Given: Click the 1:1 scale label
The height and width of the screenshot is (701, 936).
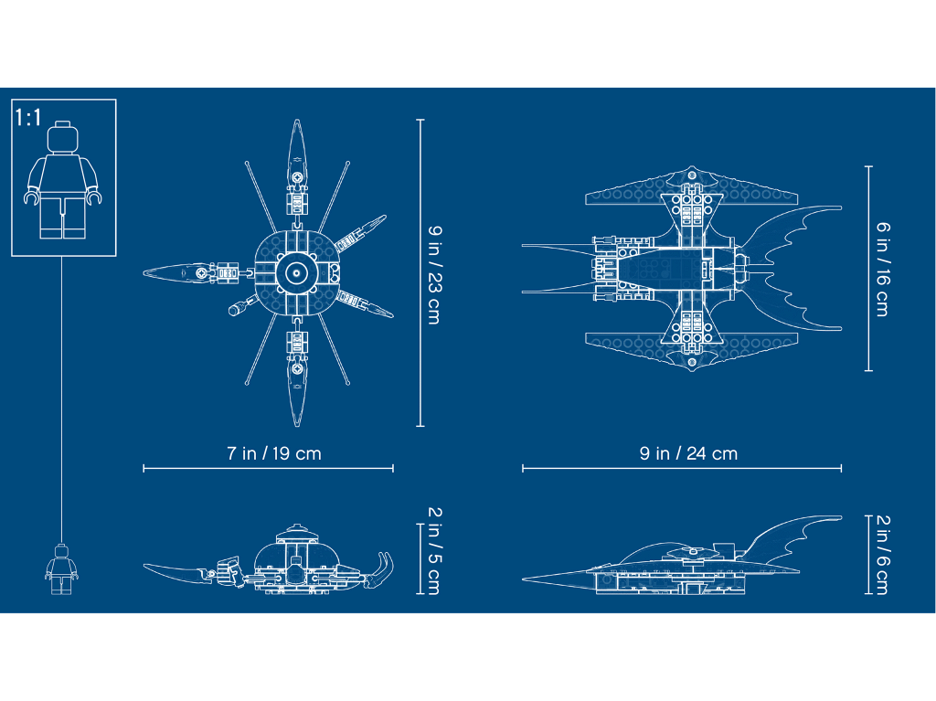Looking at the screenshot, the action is (x=28, y=118).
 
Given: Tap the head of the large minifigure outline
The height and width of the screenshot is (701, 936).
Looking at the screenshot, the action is (x=63, y=137).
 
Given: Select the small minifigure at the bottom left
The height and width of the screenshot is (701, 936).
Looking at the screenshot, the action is (x=61, y=569).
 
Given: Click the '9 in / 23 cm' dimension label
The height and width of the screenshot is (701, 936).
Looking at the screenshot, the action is (x=434, y=275).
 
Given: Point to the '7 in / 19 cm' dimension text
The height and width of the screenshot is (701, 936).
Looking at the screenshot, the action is (x=274, y=453).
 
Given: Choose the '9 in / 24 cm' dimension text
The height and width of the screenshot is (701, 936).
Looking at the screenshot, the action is (x=688, y=453).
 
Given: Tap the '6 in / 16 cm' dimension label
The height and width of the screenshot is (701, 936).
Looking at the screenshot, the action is (x=883, y=269).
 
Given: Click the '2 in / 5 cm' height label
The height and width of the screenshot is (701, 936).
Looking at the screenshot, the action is (x=434, y=551).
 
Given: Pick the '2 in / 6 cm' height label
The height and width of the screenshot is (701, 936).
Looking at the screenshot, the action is (x=883, y=555).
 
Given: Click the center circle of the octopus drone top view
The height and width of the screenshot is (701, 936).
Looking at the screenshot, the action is (x=296, y=273).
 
